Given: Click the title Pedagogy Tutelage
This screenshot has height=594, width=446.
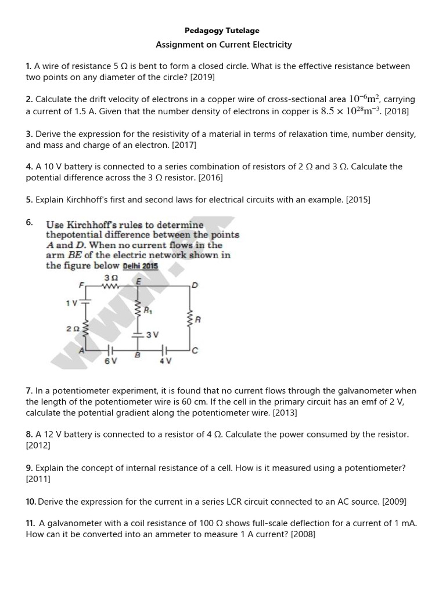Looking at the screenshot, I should [222, 30].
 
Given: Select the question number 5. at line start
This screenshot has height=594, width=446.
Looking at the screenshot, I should [30, 200].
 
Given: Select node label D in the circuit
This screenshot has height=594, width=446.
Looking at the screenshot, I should [195, 285].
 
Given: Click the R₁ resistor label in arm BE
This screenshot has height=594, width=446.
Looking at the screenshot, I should [148, 310].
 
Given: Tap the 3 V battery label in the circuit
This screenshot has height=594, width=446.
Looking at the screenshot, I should [152, 335].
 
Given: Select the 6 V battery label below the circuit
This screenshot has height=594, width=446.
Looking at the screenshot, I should [110, 361].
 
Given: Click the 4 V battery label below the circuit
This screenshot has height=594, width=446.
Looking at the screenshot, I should [165, 361].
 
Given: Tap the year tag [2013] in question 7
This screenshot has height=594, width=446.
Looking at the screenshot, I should [284, 412].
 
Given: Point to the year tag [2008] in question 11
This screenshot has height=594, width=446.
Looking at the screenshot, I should [303, 534].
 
